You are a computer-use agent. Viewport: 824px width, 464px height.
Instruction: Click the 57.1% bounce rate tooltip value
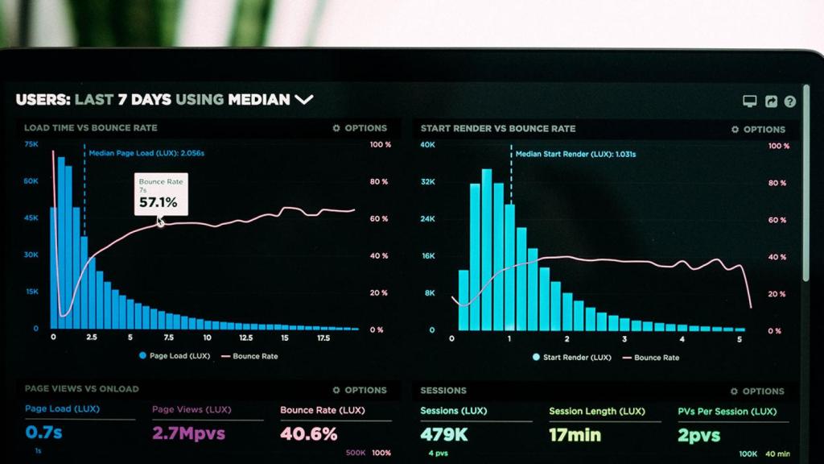point(158,202)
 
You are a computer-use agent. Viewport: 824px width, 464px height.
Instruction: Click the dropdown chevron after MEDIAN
point(303,100)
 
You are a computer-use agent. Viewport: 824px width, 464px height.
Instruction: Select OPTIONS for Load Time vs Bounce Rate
point(360,128)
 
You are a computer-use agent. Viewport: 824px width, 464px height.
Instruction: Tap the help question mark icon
point(789,101)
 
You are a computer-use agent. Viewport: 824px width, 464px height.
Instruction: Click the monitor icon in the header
point(749,101)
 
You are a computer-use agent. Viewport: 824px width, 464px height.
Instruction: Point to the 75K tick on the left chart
point(31,144)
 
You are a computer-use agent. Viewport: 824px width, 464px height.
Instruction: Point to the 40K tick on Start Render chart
point(428,145)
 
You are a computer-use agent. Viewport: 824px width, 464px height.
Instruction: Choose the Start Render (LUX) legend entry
point(571,357)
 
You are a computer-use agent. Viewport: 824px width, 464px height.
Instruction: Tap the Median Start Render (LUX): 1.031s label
point(575,154)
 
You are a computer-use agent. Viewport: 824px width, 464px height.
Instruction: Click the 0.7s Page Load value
point(43,433)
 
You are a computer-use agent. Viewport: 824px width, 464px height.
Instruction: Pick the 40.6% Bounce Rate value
point(309,434)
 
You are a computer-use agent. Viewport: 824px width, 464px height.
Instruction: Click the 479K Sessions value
point(443,435)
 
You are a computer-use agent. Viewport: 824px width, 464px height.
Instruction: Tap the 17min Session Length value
point(575,435)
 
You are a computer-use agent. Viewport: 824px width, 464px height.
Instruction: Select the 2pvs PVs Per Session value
point(699,435)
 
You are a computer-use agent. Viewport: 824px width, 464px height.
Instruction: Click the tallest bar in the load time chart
point(61,242)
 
